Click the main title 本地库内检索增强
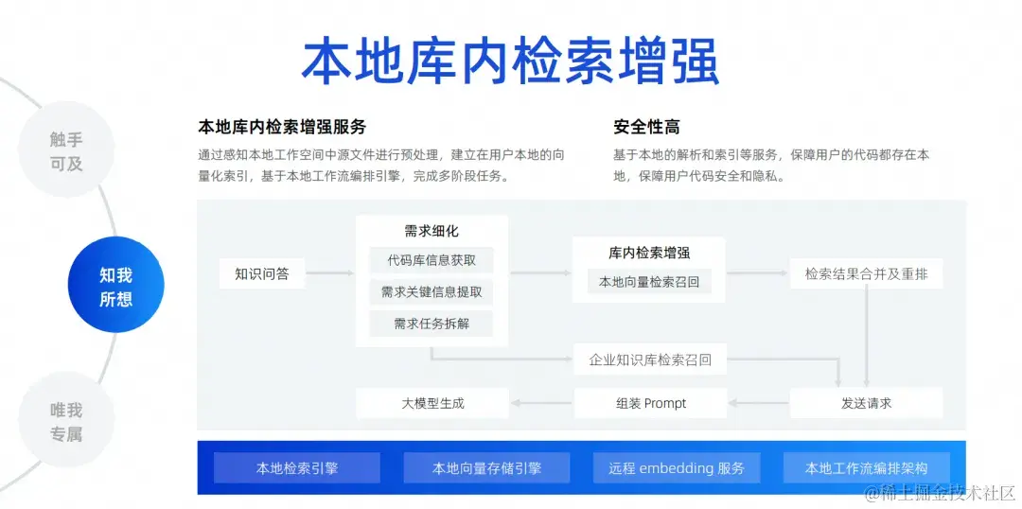pyautogui.click(x=510, y=61)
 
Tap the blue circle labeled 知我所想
pyautogui.click(x=116, y=286)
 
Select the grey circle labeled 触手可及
pyautogui.click(x=66, y=151)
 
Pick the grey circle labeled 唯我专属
pyautogui.click(x=66, y=422)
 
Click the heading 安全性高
pyautogui.click(x=646, y=127)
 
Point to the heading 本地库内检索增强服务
pyautogui.click(x=281, y=127)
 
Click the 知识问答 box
pyautogui.click(x=262, y=274)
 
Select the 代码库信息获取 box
pyautogui.click(x=432, y=260)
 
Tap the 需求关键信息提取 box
pyautogui.click(x=432, y=292)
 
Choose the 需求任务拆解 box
pyautogui.click(x=432, y=324)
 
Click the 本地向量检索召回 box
pyautogui.click(x=649, y=281)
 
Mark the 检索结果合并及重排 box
pyautogui.click(x=866, y=274)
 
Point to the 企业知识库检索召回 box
pyautogui.click(x=650, y=360)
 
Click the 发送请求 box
pyautogui.click(x=866, y=403)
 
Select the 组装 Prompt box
pyautogui.click(x=650, y=403)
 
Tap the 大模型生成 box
pyautogui.click(x=432, y=403)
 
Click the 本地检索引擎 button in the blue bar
pyautogui.click(x=297, y=467)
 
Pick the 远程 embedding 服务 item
pyautogui.click(x=676, y=467)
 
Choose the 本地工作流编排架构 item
pyautogui.click(x=866, y=467)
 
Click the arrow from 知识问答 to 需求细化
pyautogui.click(x=330, y=274)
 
